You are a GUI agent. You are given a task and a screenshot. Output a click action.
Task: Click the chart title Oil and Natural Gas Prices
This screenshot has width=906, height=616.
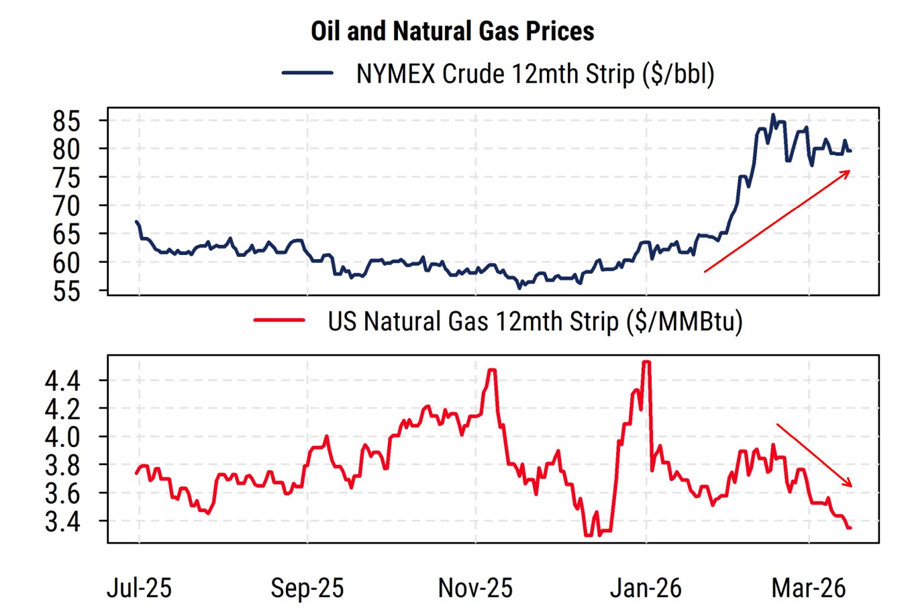452,31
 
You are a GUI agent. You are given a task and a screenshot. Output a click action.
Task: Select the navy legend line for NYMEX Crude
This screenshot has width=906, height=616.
307,73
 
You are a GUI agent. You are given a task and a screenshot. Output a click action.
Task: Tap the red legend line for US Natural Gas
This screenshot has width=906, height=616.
279,321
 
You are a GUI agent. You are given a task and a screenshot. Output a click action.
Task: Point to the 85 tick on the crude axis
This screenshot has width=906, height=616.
66,121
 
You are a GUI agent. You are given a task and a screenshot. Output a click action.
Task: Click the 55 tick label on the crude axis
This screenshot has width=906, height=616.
66,291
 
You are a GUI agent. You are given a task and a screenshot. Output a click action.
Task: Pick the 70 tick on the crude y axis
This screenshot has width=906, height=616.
66,206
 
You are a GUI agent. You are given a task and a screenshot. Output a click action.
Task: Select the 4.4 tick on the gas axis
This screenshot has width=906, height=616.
62,381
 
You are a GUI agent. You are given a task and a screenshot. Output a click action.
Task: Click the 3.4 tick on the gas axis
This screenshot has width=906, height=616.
62,521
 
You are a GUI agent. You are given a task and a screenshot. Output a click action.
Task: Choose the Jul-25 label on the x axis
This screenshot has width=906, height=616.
140,588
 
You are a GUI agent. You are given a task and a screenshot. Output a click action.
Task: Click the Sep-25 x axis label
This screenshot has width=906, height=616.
307,588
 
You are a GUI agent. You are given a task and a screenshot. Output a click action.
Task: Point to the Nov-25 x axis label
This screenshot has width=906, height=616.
475,588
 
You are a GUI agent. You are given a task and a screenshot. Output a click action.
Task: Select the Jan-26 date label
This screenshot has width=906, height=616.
646,588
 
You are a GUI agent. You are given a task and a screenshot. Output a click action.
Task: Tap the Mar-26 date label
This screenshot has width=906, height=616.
809,588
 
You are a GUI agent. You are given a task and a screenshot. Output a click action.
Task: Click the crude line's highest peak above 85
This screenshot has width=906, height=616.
773,115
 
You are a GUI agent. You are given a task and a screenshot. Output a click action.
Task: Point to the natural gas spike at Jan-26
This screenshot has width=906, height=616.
646,362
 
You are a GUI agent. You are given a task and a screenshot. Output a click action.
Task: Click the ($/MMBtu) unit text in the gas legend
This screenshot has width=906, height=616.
684,321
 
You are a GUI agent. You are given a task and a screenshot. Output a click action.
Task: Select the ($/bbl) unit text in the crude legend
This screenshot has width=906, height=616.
678,74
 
